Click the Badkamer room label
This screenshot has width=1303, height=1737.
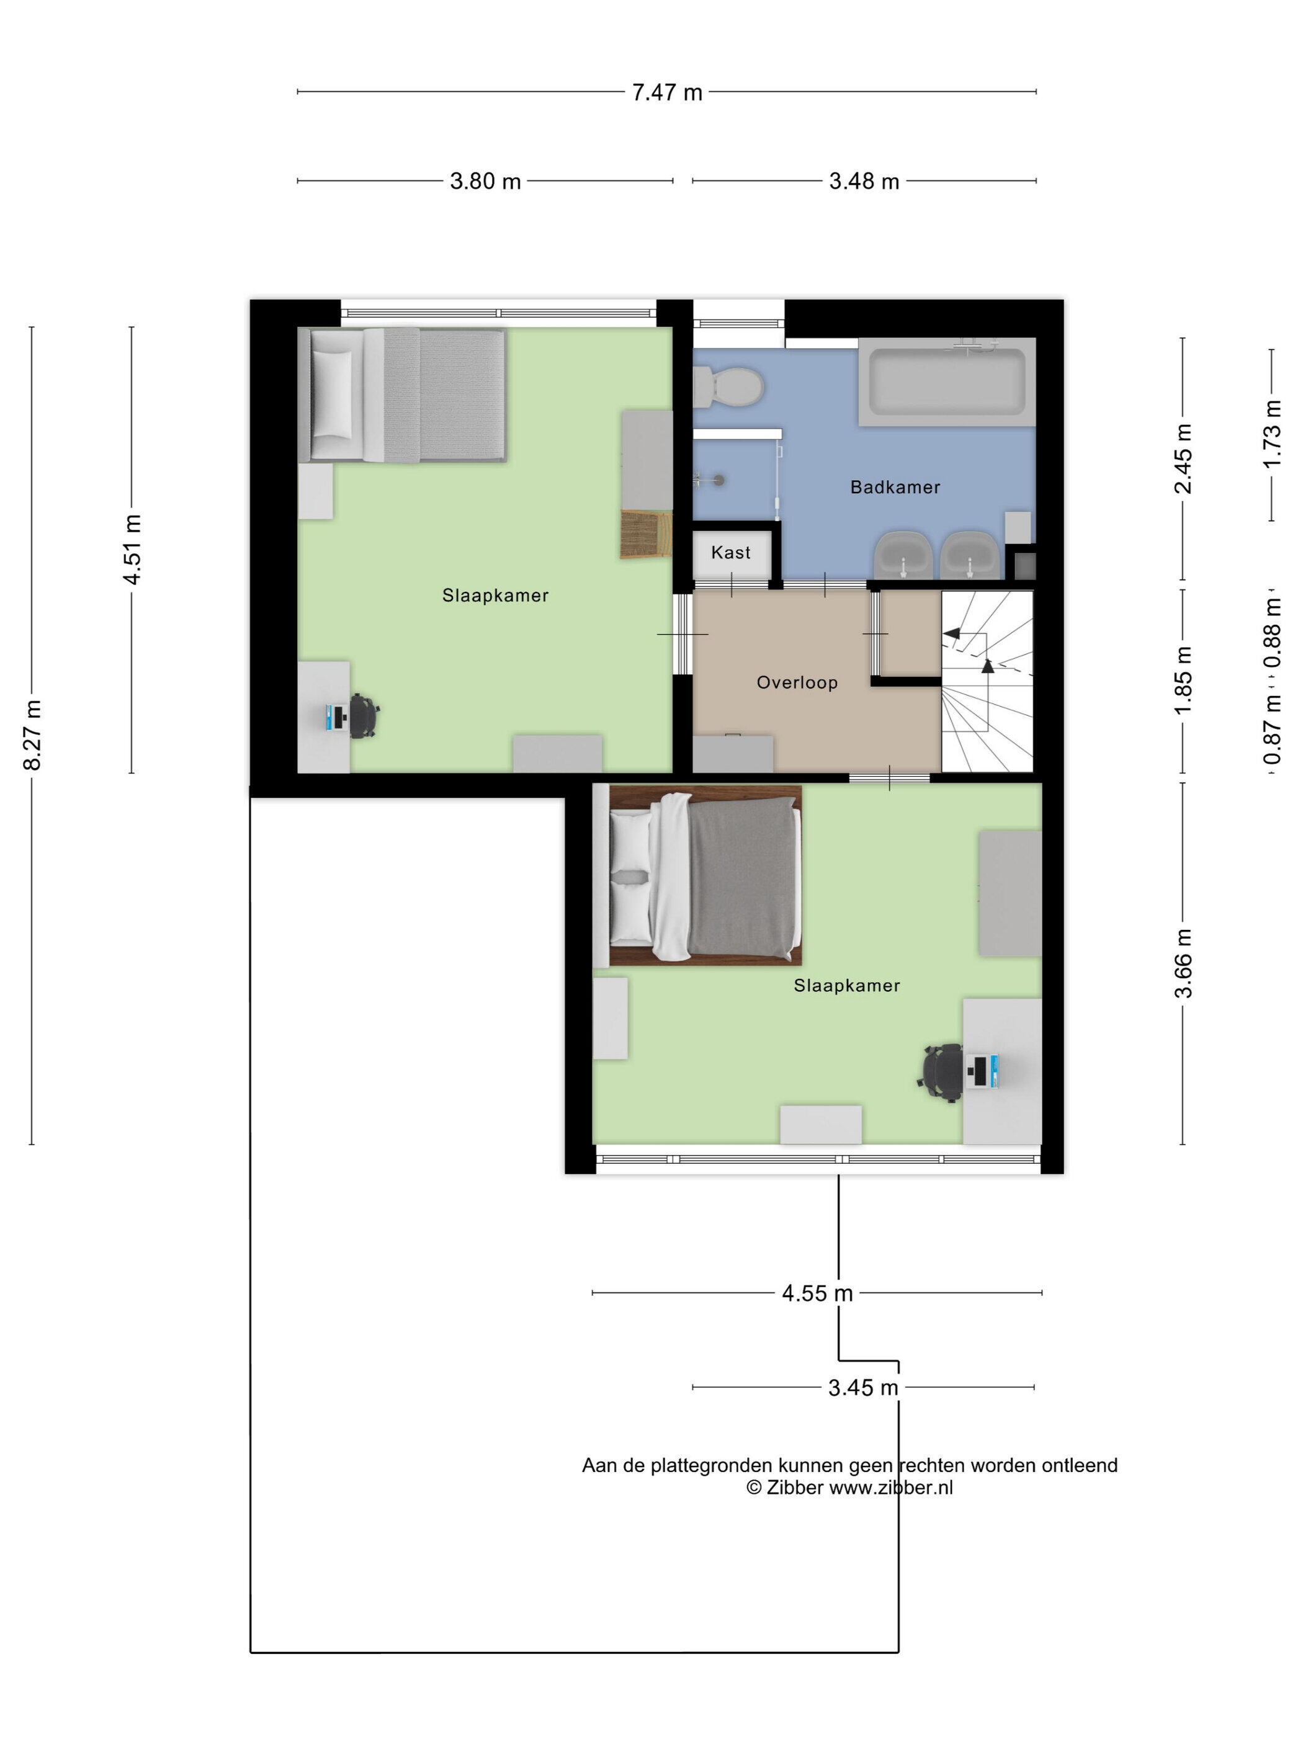pyautogui.click(x=895, y=487)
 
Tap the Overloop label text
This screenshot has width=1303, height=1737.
pyautogui.click(x=797, y=682)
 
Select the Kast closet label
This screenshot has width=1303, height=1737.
pyautogui.click(x=730, y=552)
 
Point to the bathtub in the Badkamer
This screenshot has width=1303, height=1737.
pyautogui.click(x=946, y=382)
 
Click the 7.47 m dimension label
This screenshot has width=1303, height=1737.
pyautogui.click(x=667, y=92)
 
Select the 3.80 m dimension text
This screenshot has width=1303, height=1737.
pyautogui.click(x=485, y=181)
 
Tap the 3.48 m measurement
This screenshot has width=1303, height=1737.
pyautogui.click(x=864, y=181)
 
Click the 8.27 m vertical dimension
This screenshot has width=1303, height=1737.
pyautogui.click(x=32, y=735)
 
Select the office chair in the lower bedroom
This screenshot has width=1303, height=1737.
pyautogui.click(x=941, y=1073)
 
